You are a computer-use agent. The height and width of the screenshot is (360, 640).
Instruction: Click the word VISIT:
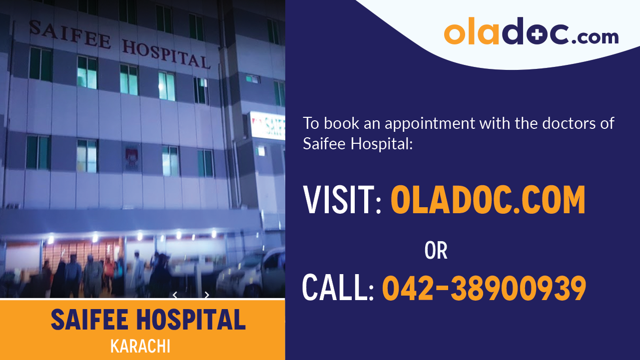(342, 200)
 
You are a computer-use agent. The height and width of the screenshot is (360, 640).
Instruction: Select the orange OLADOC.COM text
(488, 200)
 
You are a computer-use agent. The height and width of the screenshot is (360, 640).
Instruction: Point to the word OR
(436, 251)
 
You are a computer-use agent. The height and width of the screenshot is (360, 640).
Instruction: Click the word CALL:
(338, 289)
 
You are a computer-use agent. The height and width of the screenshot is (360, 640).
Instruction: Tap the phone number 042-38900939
(484, 289)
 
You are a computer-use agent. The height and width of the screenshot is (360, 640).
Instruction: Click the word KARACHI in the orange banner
(140, 346)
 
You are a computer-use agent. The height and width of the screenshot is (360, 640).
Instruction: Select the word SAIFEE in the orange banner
(87, 320)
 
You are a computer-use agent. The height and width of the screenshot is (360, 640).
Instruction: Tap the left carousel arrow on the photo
(175, 295)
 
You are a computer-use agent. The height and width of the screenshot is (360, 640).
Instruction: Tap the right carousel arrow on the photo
(206, 295)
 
